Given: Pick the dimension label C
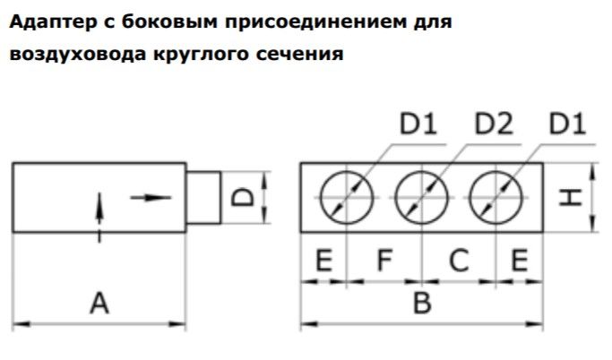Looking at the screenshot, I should (459, 261).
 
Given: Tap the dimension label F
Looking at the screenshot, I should (384, 261).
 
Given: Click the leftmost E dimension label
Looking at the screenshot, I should (323, 261).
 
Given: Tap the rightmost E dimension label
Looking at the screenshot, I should (519, 261).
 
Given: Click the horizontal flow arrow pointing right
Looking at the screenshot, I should (150, 196).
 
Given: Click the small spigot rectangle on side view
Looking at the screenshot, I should (203, 196).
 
